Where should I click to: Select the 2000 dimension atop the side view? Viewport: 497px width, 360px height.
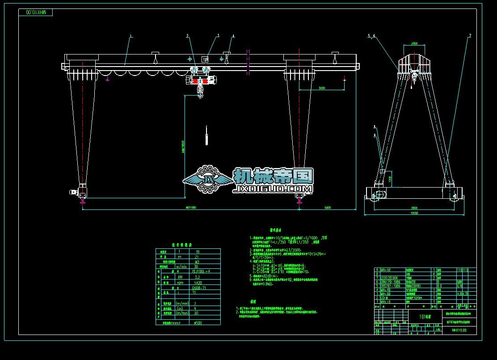[x=414, y=44]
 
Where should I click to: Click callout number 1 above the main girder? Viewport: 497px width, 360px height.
[x=131, y=35]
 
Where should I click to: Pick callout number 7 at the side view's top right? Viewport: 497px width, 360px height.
[x=470, y=35]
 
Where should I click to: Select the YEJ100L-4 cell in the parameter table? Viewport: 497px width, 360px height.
[x=198, y=271]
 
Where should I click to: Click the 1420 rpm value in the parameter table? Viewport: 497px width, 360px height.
[x=197, y=283]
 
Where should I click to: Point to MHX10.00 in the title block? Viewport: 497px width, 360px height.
[x=459, y=331]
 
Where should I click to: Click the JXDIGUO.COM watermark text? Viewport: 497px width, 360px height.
[x=273, y=190]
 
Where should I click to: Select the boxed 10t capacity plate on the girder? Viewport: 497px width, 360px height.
[x=205, y=59]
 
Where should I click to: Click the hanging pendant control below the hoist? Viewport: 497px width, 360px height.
[x=206, y=136]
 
